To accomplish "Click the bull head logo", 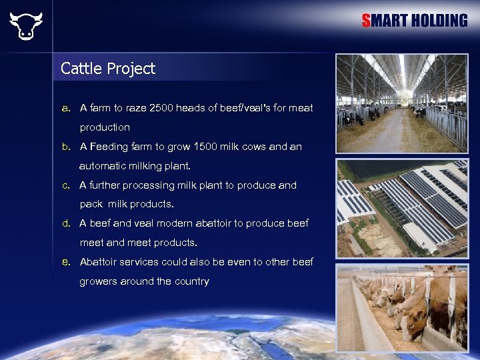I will [25, 25].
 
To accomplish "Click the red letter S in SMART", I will [366, 21].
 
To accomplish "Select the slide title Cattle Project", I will [107, 68].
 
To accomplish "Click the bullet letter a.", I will [65, 107].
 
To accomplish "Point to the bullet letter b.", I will [65, 147].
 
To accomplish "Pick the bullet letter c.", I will [65, 185].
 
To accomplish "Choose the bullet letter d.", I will [65, 223].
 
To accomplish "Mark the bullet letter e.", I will [65, 262].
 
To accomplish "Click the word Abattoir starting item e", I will [100, 262].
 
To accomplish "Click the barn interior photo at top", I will [401, 103].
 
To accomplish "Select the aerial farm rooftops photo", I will [401, 209].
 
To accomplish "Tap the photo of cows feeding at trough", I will [401, 307].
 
